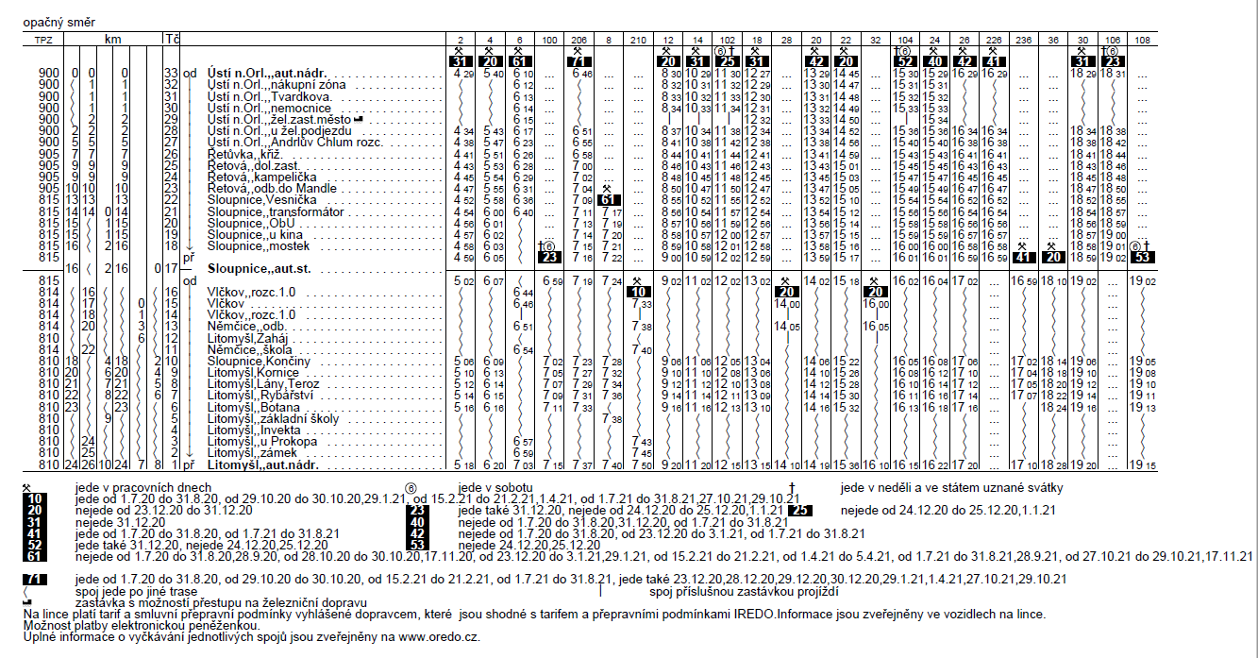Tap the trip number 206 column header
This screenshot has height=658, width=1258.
pos(579,39)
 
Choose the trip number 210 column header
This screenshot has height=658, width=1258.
pos(639,39)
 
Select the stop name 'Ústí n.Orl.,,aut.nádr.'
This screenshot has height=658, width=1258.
pos(270,73)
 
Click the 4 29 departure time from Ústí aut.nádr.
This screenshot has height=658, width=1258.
pos(462,73)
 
